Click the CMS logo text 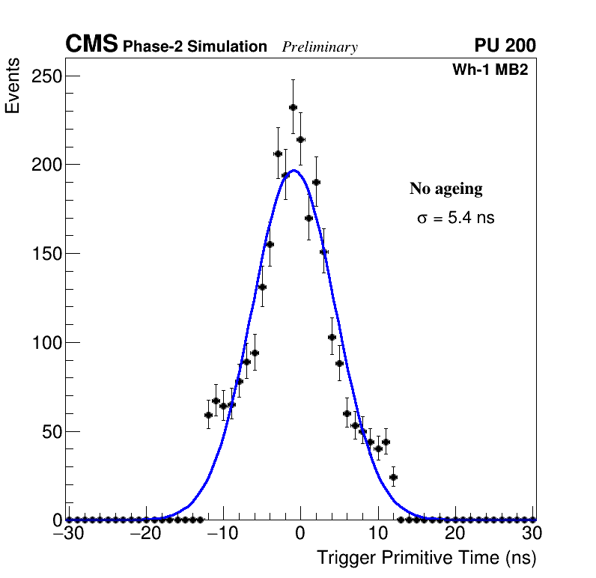91,45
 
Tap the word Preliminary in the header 320,48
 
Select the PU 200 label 505,46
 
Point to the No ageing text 446,189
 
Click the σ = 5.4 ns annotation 455,219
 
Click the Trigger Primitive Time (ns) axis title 426,558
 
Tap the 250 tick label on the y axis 46,76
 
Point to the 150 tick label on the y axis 46,254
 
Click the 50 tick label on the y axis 51,432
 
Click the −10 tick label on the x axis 222,534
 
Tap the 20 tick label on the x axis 455,534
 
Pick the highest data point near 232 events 293,108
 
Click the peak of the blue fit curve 294,170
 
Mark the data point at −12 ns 208,415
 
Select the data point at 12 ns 393,477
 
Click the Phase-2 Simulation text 195,47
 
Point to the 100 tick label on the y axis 46,343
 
